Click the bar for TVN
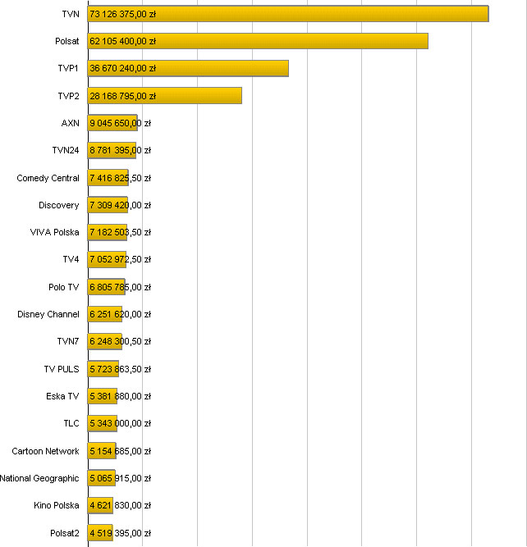coord(288,14)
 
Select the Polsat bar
coord(258,41)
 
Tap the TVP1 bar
coord(188,69)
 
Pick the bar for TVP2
coord(165,96)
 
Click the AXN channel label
coord(71,123)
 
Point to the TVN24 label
coord(66,150)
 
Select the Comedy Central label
coord(48,178)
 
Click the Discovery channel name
coord(59,205)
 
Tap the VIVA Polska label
coord(55,232)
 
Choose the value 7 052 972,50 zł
coord(120,260)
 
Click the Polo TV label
coord(64,287)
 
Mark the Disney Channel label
coord(48,314)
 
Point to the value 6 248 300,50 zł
coord(120,342)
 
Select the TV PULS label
coord(62,369)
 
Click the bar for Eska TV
coord(103,396)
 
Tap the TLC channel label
coord(71,423)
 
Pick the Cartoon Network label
coord(46,451)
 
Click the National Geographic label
coord(40,478)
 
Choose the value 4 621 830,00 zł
coord(120,506)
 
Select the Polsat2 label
coord(65,533)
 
